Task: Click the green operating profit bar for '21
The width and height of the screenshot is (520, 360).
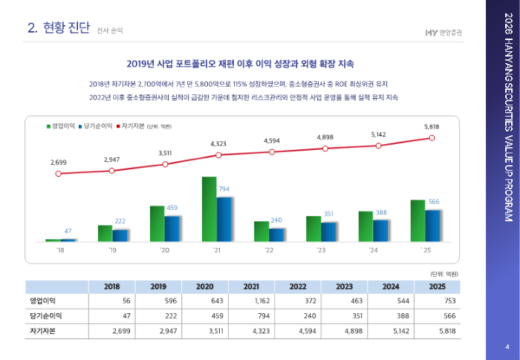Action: coord(209,209)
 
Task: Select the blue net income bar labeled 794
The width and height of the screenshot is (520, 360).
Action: coord(224,219)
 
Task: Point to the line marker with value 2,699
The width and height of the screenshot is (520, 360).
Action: coord(59,174)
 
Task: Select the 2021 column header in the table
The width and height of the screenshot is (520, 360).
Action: coord(251,287)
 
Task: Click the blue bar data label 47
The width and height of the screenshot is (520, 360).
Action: coord(68,231)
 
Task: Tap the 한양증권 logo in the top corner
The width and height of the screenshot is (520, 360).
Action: coord(443,32)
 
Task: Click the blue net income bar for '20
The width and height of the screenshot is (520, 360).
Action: coord(172,228)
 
